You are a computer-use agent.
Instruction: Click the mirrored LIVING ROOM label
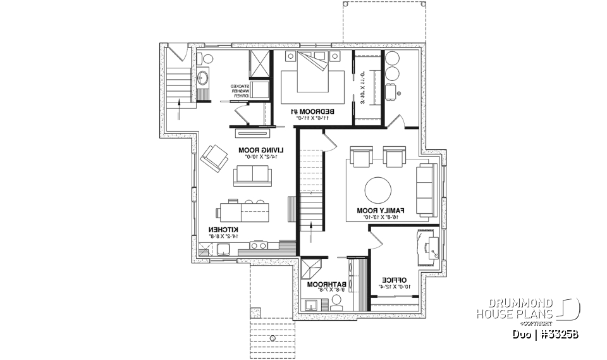[261, 150]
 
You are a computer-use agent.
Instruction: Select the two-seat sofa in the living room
[252, 175]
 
